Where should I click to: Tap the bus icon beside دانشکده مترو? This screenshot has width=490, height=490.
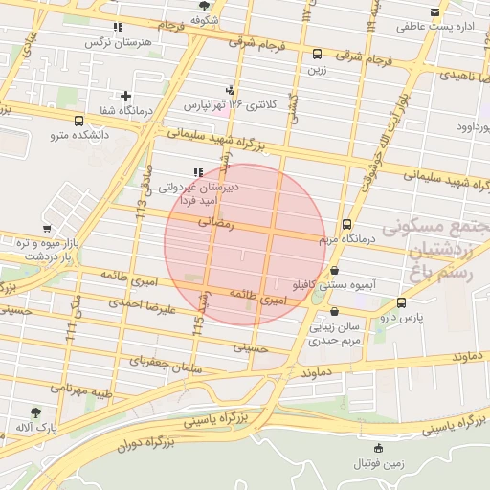click(x=78, y=122)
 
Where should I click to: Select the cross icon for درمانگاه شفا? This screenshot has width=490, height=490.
click(x=125, y=96)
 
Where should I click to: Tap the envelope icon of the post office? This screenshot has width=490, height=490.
click(x=436, y=12)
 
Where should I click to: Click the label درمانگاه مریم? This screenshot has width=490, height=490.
click(x=346, y=237)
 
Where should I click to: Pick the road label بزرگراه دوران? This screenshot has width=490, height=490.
click(x=145, y=445)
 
